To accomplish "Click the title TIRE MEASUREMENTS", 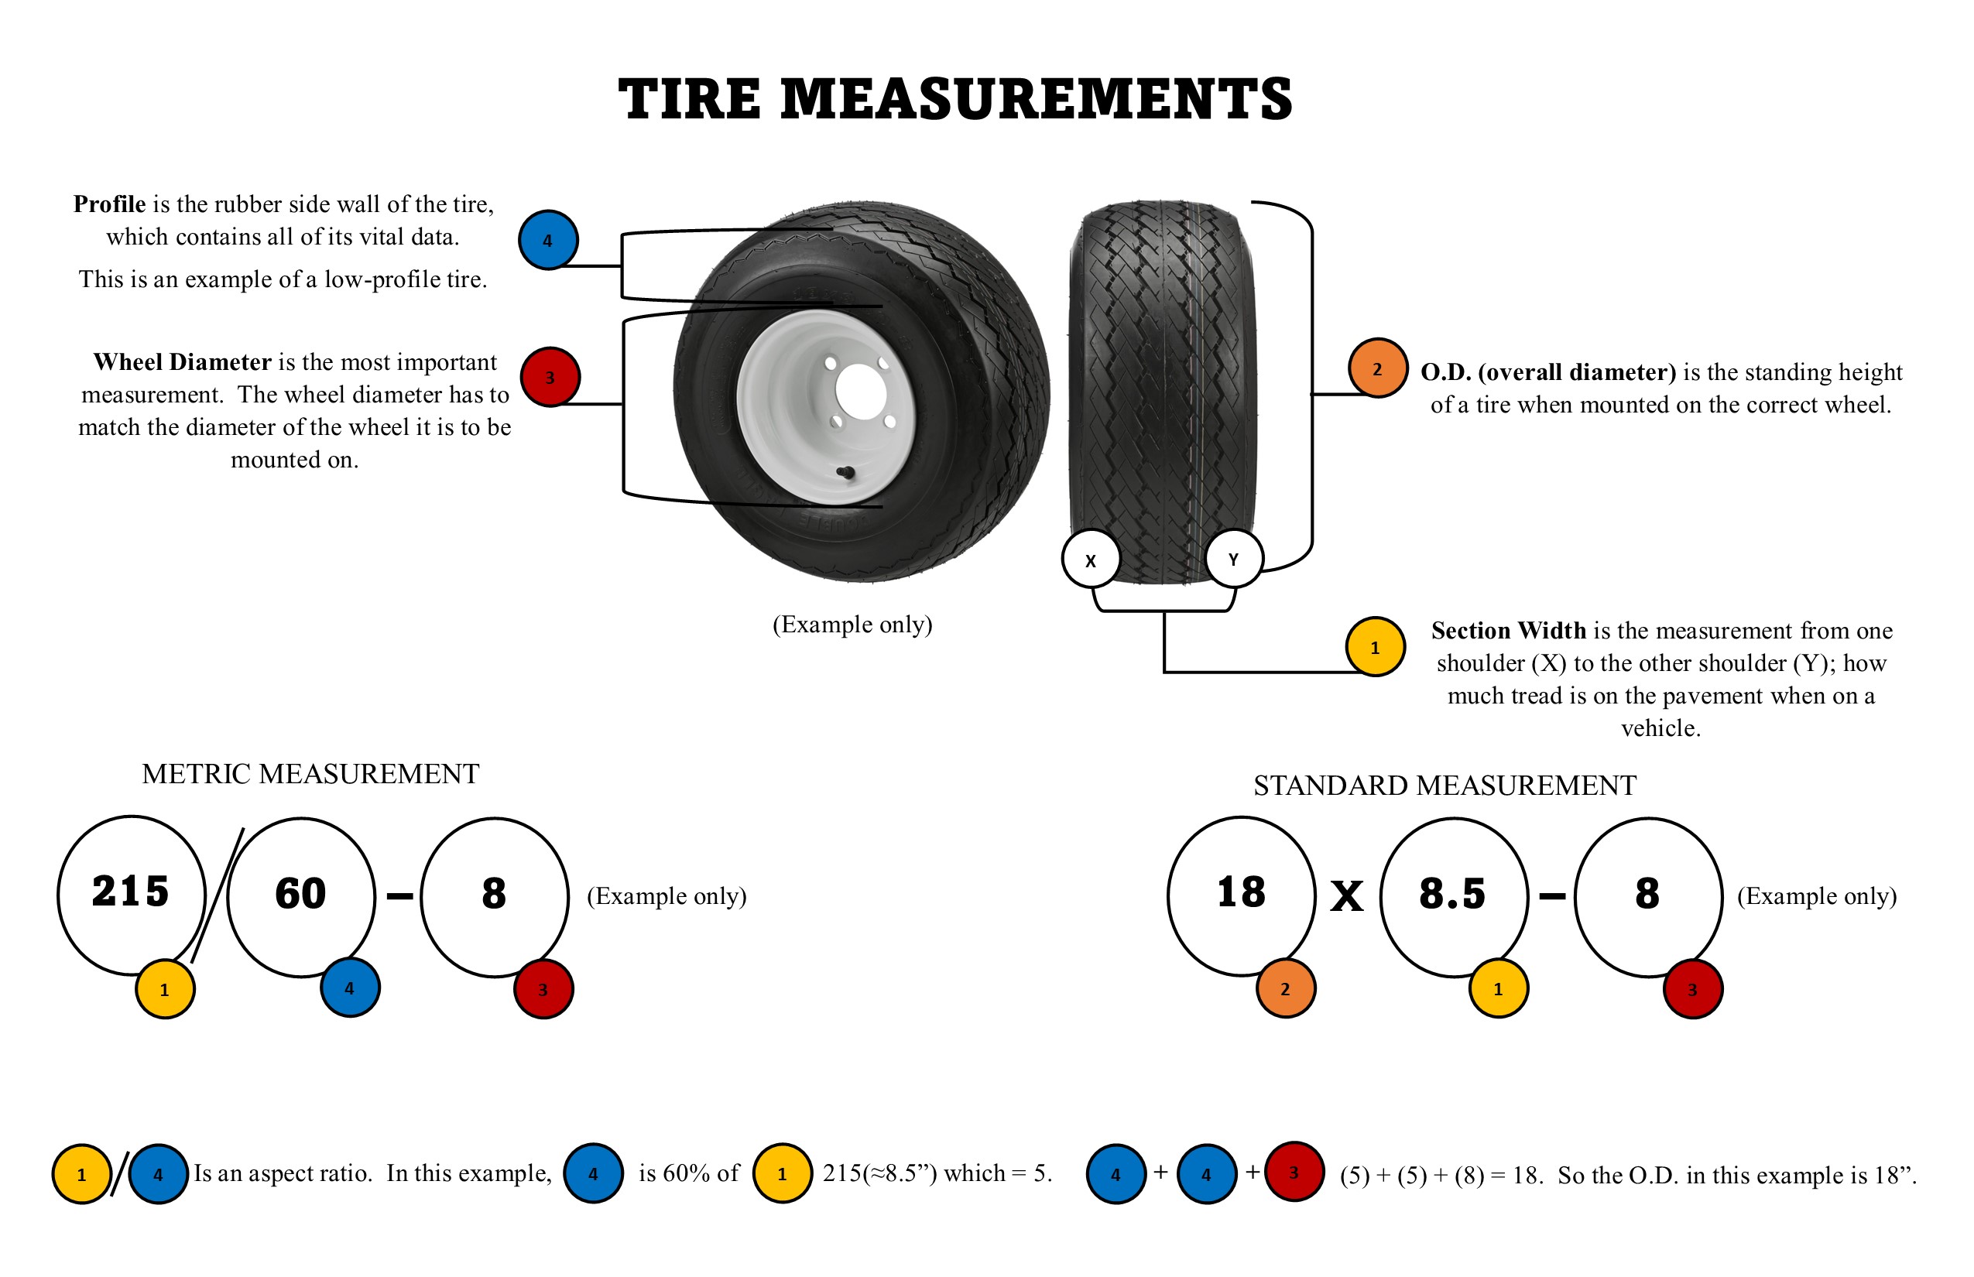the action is pyautogui.click(x=954, y=100).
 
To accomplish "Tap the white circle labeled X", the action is pyautogui.click(x=1091, y=559).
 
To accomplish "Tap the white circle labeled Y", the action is pyautogui.click(x=1234, y=559).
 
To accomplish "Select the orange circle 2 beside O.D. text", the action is pyautogui.click(x=1378, y=368).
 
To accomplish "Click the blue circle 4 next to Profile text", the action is pyautogui.click(x=548, y=240).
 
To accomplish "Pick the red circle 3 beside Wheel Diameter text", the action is pyautogui.click(x=550, y=376).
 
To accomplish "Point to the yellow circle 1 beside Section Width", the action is pyautogui.click(x=1375, y=647).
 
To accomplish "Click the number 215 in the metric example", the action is pyautogui.click(x=130, y=892).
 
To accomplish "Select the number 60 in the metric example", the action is pyautogui.click(x=300, y=893).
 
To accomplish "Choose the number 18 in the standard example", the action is pyautogui.click(x=1242, y=892).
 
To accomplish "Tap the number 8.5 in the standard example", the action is pyautogui.click(x=1452, y=893).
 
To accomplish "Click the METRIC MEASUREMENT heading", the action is pyautogui.click(x=311, y=774).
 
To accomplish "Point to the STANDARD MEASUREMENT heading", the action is pyautogui.click(x=1445, y=786).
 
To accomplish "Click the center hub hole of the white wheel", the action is pyautogui.click(x=858, y=392).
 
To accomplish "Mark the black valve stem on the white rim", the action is pyautogui.click(x=846, y=474).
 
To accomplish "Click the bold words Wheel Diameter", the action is pyautogui.click(x=183, y=362).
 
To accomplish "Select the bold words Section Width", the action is pyautogui.click(x=1509, y=631).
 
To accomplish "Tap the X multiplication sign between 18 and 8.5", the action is pyautogui.click(x=1347, y=895).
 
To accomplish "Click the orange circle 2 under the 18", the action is pyautogui.click(x=1286, y=988).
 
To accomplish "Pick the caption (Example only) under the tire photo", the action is pyautogui.click(x=852, y=625).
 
